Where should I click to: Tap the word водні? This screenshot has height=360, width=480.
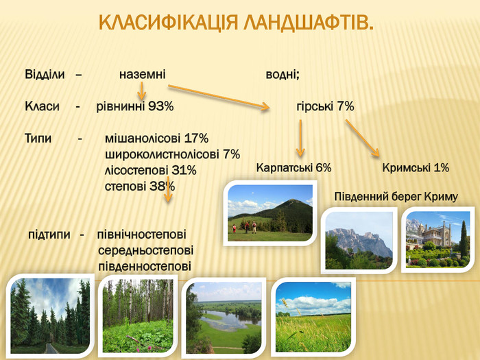click(281, 74)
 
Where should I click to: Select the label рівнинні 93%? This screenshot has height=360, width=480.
click(135, 106)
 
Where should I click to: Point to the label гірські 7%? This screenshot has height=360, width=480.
click(325, 106)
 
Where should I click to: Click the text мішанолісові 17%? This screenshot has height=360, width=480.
click(156, 139)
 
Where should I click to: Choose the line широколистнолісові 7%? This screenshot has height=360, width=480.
click(172, 154)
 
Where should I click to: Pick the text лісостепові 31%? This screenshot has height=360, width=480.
click(150, 170)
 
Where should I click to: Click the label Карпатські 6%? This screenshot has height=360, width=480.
click(294, 168)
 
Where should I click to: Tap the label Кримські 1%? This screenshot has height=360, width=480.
click(416, 168)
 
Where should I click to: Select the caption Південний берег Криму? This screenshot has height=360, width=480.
click(396, 197)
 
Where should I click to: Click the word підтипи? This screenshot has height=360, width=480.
click(49, 235)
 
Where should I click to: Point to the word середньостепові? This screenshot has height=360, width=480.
click(145, 250)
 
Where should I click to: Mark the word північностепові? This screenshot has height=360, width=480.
click(142, 235)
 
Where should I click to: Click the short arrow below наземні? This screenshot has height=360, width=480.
click(141, 91)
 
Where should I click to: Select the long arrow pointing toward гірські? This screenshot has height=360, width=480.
click(219, 97)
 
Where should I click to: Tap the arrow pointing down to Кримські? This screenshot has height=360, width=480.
click(363, 138)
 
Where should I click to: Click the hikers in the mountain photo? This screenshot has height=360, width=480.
click(244, 228)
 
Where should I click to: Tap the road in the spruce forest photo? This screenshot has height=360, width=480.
click(51, 348)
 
